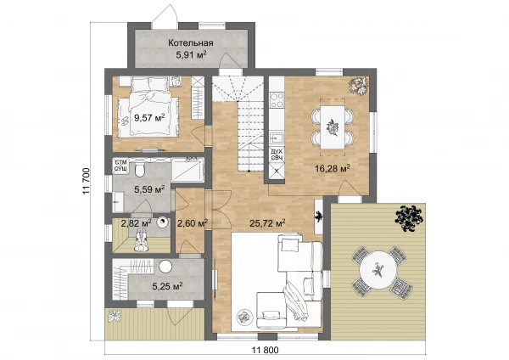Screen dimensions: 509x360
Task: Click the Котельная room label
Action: pos(191,43)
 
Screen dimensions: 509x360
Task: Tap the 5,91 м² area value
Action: pos(192,54)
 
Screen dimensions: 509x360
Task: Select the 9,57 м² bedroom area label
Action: pos(149,117)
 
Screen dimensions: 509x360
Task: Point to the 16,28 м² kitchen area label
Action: pos(333,168)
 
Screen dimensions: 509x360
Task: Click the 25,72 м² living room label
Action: pos(267,223)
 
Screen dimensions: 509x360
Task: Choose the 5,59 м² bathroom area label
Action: pos(149,189)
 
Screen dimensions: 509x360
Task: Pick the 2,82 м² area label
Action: pos(136,223)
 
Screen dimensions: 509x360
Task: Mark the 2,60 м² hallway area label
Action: pos(193,223)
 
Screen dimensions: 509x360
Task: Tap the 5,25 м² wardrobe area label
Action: pos(167,286)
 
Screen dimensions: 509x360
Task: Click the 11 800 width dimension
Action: pos(266,351)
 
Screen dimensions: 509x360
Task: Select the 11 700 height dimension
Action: pos(86,181)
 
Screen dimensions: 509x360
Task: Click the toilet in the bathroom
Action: pos(140,170)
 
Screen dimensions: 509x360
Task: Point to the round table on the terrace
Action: pos(378,269)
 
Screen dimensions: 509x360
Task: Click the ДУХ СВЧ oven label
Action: pos(277,155)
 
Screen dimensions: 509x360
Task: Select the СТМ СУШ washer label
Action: pos(121,165)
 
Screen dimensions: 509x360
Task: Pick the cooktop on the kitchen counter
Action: pos(277,100)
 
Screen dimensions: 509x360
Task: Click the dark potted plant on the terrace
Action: pos(409,218)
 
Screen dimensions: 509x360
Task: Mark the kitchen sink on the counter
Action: pos(277,138)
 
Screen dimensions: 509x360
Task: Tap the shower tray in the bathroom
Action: pos(187,169)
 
